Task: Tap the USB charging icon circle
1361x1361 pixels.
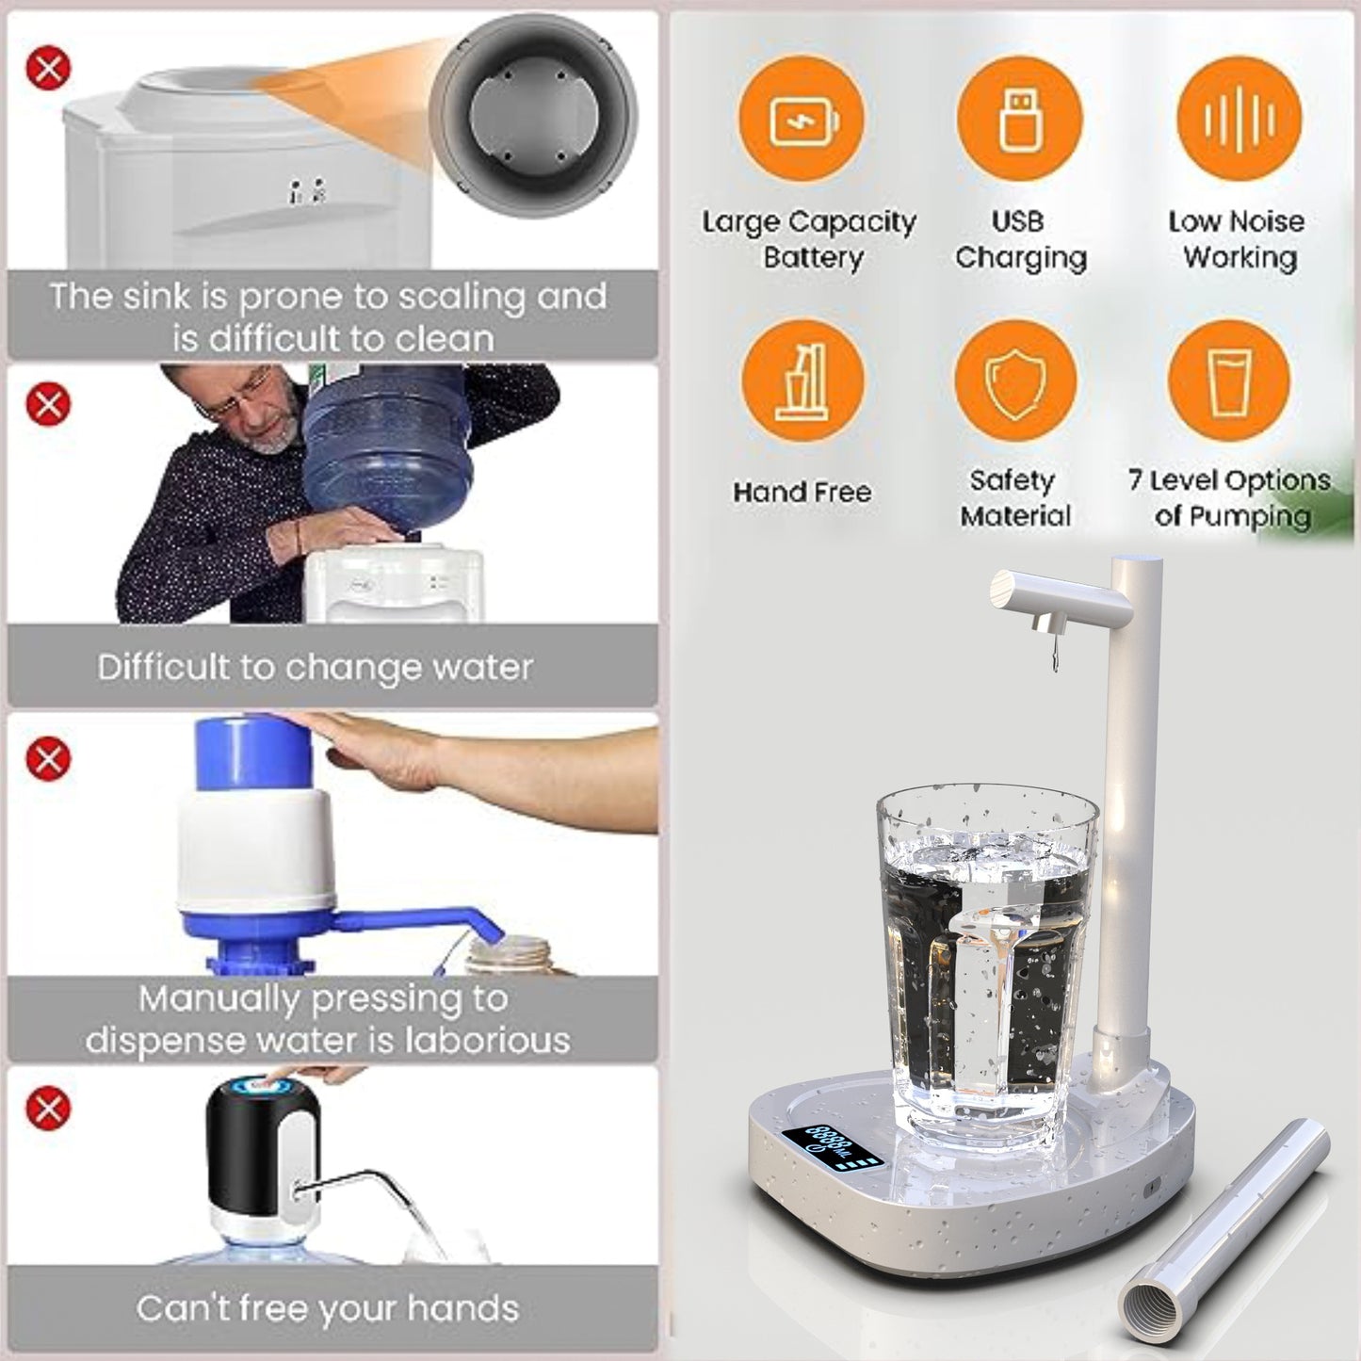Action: [1019, 119]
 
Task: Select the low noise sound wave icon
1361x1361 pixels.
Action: [1239, 119]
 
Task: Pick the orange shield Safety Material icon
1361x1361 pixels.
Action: [1014, 381]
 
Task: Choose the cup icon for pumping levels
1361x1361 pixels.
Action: [1228, 381]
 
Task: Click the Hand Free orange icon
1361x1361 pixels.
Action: [802, 381]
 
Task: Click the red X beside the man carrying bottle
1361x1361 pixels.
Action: [48, 404]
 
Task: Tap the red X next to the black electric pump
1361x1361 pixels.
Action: [48, 1108]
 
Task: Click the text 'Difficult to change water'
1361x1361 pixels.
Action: [315, 667]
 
